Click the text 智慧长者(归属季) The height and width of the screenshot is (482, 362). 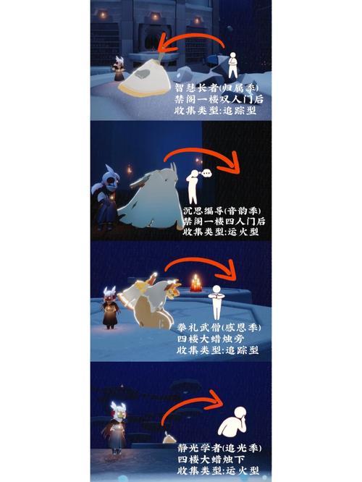(216, 88)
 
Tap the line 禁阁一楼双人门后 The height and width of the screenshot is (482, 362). (219, 99)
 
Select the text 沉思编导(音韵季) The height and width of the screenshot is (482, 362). (222, 211)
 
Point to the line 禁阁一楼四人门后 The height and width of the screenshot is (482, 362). (224, 221)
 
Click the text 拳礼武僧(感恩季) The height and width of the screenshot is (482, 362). (219, 328)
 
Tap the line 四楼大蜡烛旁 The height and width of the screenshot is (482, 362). (211, 339)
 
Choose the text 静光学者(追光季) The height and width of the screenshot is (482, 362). (219, 448)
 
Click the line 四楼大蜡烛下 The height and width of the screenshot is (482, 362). (211, 460)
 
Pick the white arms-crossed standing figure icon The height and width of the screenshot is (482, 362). (233, 65)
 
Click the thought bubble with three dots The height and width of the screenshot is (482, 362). (207, 174)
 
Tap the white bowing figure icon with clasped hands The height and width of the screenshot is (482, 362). (216, 303)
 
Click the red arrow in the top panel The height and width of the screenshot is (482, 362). (190, 41)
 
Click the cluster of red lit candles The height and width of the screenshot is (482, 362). (195, 283)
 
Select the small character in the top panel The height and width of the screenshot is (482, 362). (119, 68)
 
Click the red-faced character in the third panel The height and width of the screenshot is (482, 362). (110, 308)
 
